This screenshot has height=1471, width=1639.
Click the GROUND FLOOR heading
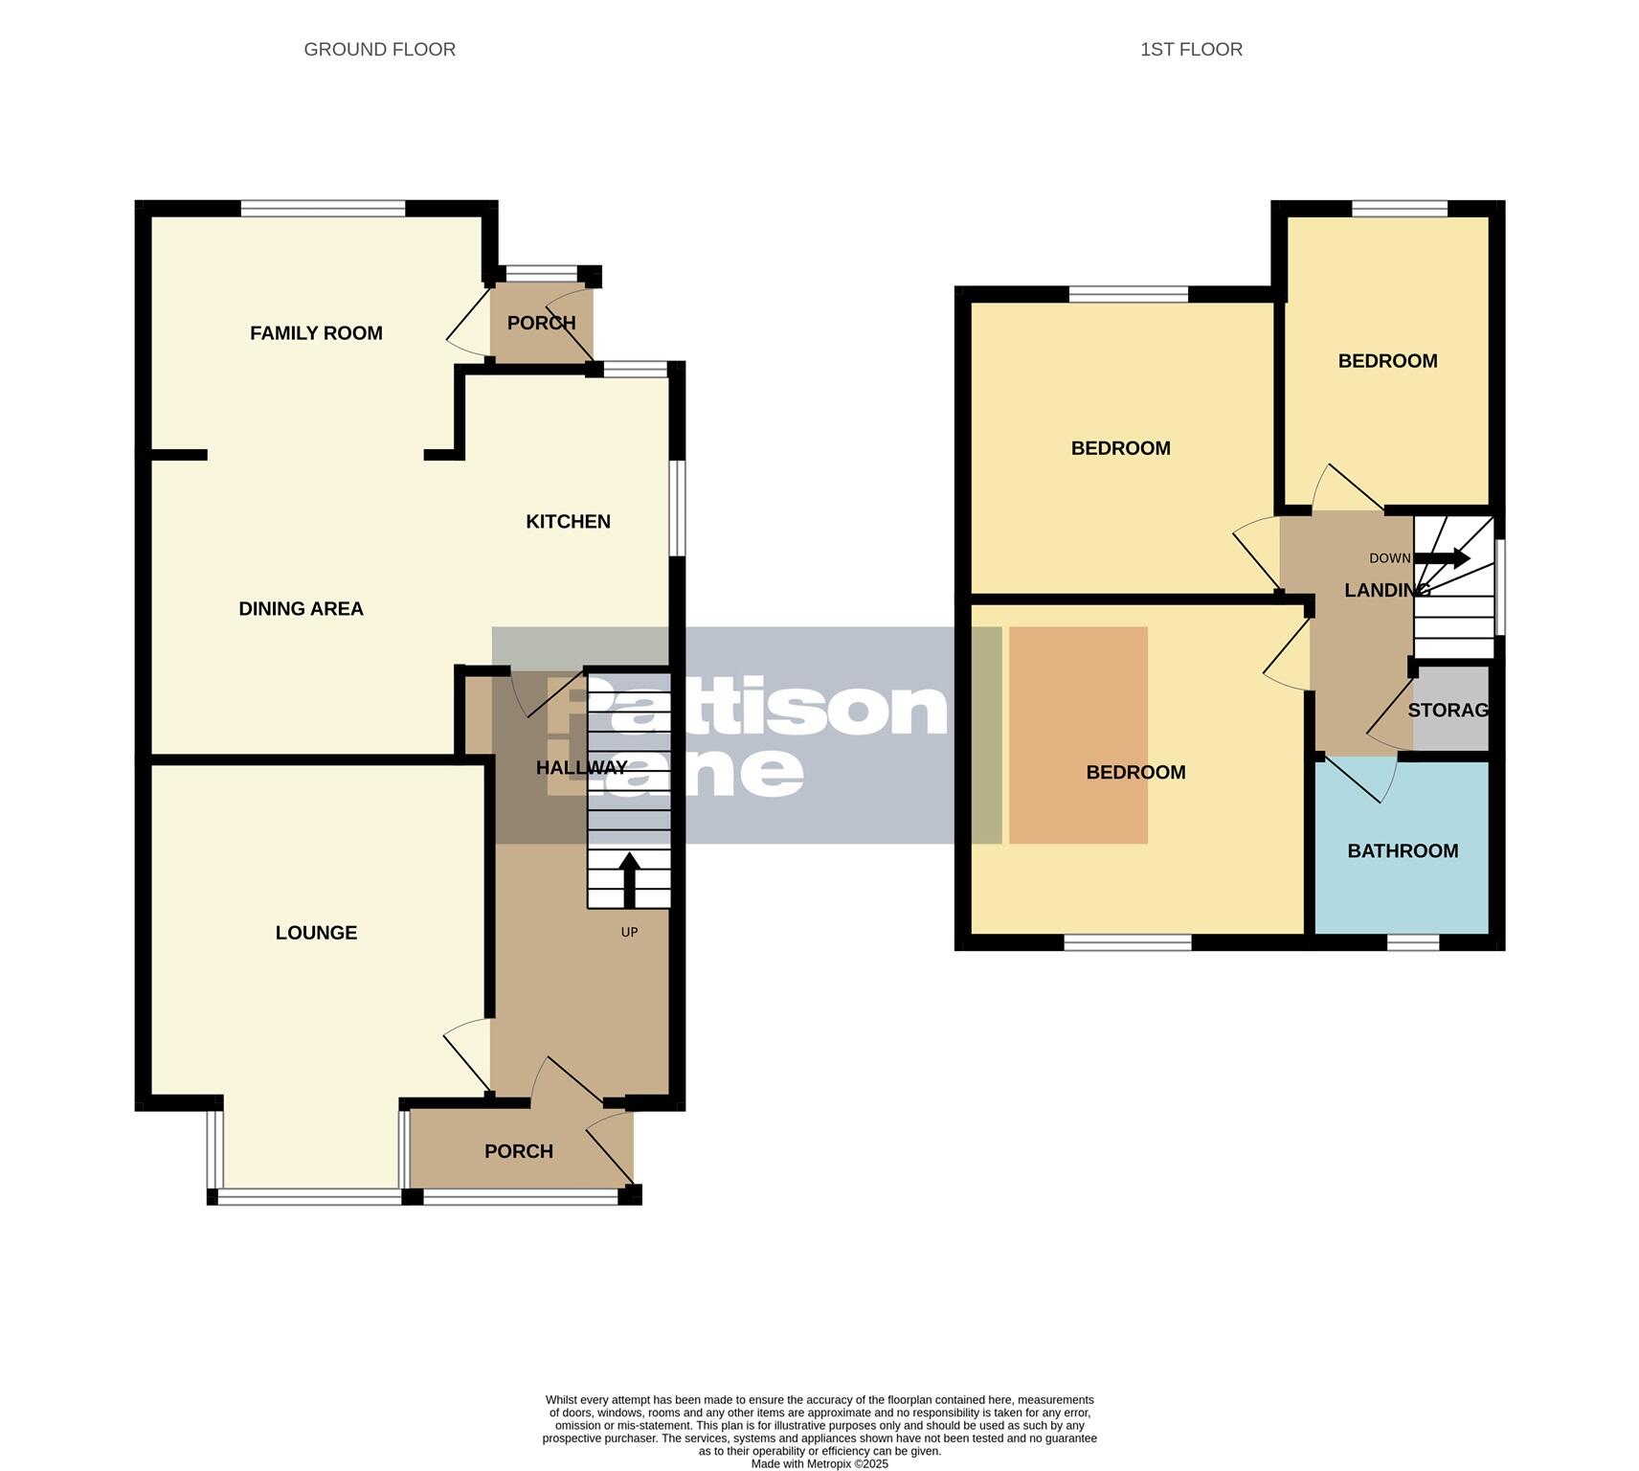coord(379,49)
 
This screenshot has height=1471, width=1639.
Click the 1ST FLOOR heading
coord(1190,49)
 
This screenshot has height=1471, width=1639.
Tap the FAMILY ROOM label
coord(316,333)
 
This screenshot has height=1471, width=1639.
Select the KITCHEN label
coord(568,521)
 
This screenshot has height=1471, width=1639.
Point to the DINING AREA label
coord(301,608)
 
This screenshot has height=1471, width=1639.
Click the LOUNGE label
coord(316,932)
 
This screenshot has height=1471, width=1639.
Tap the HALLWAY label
coord(581,767)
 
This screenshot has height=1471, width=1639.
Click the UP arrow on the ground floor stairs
coord(629,879)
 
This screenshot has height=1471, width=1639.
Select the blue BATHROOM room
coord(1402,881)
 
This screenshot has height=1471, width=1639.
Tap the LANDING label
coord(1385,590)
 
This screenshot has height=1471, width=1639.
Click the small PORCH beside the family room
coord(541,323)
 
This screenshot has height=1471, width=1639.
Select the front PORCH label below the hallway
coord(518,1151)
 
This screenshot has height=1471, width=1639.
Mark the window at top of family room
coord(323,208)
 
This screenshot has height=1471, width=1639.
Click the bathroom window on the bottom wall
coord(1413,942)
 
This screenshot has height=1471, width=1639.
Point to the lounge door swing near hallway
coord(466,1058)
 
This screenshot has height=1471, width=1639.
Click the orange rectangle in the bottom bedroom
coord(1078,735)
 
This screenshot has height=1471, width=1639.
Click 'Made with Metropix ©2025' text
coord(819,1463)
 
